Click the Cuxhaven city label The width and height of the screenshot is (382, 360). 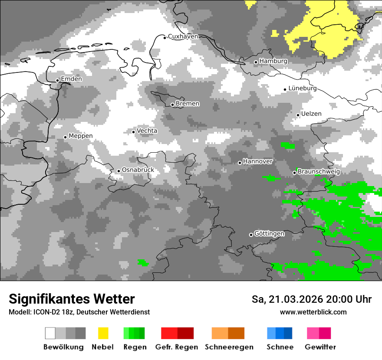183,36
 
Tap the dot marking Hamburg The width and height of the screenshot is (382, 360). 256,62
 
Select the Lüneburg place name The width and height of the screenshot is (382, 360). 303,88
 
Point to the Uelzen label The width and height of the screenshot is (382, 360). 311,114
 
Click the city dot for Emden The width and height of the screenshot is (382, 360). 57,80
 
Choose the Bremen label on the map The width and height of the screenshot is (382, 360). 188,104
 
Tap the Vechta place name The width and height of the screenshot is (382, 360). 147,131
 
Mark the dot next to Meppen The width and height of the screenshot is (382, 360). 65,137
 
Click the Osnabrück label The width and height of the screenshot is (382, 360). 138,170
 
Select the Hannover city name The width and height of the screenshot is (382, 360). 258,161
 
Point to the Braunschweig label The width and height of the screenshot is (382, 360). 319,172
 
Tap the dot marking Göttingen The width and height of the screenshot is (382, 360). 251,235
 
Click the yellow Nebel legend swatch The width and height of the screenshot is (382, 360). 103,333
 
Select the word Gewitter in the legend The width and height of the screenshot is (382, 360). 320,347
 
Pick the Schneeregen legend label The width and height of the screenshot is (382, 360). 229,347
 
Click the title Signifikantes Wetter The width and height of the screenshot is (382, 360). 72,299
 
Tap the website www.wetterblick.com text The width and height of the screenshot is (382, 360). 313,312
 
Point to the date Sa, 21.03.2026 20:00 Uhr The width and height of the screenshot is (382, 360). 311,299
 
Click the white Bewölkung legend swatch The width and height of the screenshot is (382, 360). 50,333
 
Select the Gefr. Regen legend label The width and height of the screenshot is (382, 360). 176,347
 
